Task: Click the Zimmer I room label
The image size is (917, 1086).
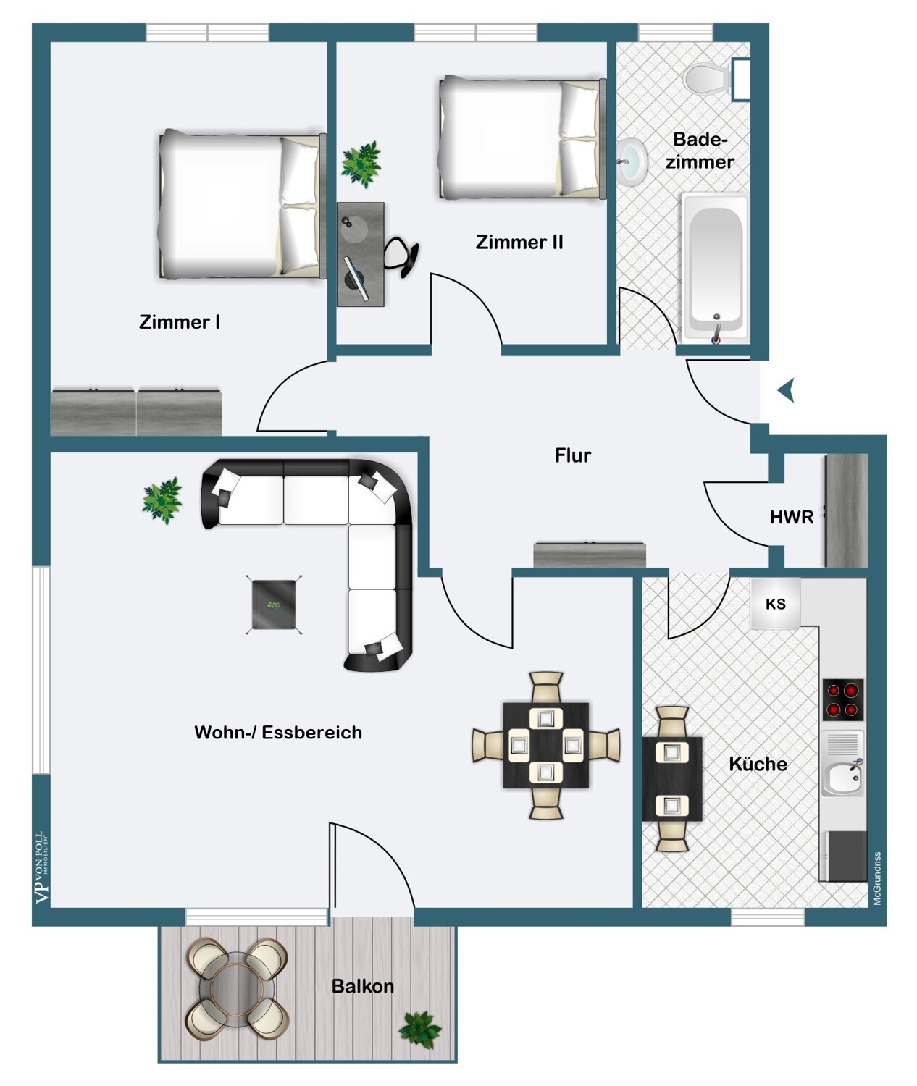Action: tap(180, 322)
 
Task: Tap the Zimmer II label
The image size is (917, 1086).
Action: tap(519, 243)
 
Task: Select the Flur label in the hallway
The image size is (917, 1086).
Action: tap(573, 455)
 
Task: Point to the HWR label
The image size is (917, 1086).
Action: tap(792, 517)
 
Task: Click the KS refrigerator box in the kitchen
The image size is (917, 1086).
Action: tap(776, 604)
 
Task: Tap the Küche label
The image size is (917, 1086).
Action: tap(758, 764)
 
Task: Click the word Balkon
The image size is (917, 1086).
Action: tap(363, 987)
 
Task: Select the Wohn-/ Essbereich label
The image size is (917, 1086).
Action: tap(278, 732)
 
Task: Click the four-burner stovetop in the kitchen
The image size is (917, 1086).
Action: tap(843, 699)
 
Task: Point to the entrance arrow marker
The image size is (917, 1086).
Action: tap(787, 390)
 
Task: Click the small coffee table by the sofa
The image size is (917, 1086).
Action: tap(274, 605)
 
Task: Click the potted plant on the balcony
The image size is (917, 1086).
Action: tap(420, 1030)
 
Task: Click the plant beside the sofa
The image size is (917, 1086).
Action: tap(162, 501)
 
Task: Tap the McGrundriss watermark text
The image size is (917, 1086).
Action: tap(877, 878)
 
